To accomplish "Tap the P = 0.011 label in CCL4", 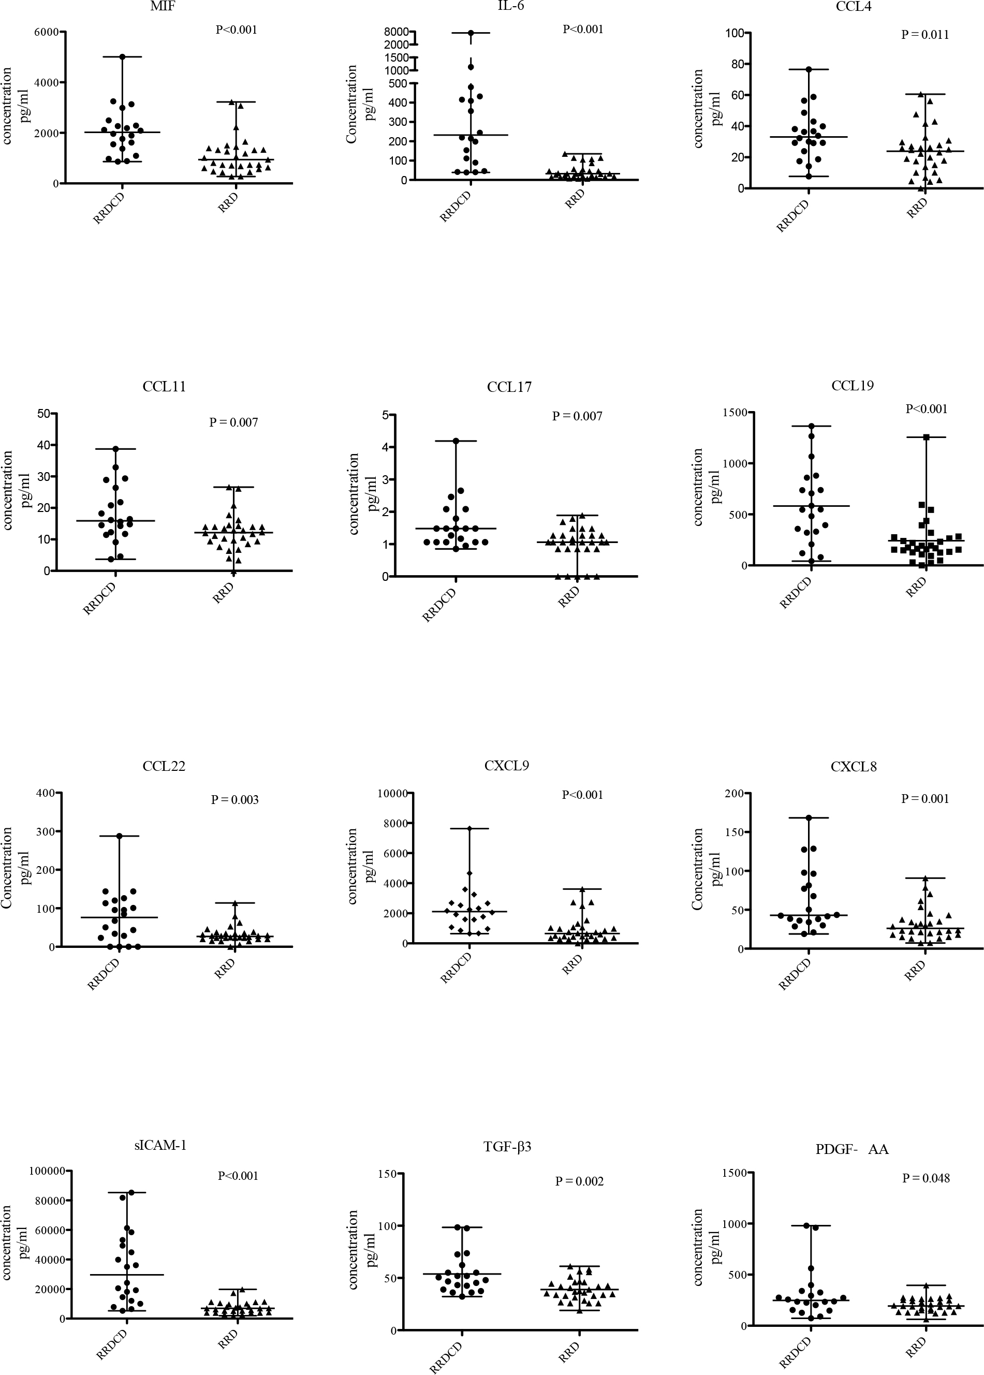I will [x=924, y=35].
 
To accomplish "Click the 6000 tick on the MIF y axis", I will [x=46, y=32].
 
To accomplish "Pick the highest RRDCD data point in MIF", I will [x=122, y=57].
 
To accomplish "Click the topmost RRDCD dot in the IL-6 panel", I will [x=471, y=33].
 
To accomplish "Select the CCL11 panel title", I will [x=164, y=387].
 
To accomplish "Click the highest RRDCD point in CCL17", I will [x=456, y=441].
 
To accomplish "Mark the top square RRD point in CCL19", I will [x=926, y=437].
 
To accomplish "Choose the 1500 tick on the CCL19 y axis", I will [x=733, y=413].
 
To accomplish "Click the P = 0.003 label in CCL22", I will [x=234, y=799].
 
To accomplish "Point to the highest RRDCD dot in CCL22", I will [x=120, y=836].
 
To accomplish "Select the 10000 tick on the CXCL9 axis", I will [x=391, y=793].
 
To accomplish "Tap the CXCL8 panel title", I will [x=854, y=767].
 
